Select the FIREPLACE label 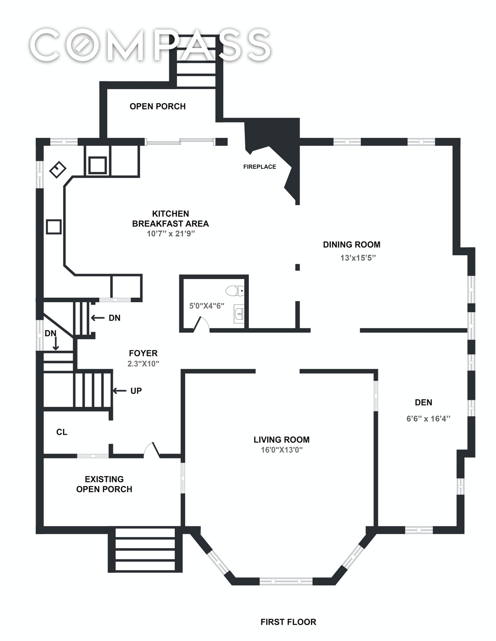pos(259,167)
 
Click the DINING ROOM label pos(351,245)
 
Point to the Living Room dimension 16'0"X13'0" pos(281,450)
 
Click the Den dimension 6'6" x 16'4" pos(428,419)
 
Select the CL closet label pos(62,432)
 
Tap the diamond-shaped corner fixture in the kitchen pos(58,169)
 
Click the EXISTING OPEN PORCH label pos(104,484)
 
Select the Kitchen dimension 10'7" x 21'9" pos(171,234)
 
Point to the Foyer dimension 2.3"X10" pos(143,364)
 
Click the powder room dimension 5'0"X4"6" pos(207,306)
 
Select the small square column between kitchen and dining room pos(297,267)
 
